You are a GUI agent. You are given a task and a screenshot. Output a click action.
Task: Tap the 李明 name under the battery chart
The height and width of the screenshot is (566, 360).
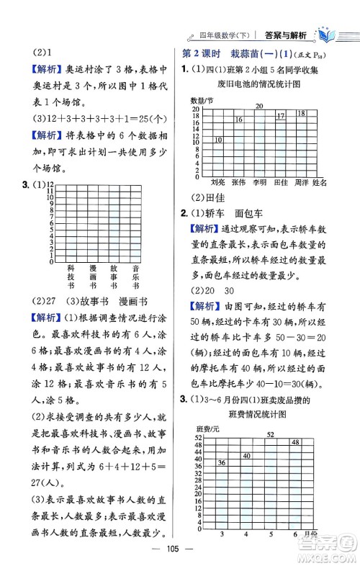(261, 183)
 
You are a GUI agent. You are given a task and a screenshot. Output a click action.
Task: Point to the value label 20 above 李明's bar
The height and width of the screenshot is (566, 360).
(260, 106)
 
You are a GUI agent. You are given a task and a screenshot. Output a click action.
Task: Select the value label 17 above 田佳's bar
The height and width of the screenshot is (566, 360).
(281, 116)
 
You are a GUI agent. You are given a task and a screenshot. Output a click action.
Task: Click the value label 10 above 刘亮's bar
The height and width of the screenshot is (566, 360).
(218, 139)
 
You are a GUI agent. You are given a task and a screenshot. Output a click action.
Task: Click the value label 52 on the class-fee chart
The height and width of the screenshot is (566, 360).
(270, 434)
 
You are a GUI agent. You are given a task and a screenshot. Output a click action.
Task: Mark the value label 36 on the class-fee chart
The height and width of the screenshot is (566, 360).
(221, 462)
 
